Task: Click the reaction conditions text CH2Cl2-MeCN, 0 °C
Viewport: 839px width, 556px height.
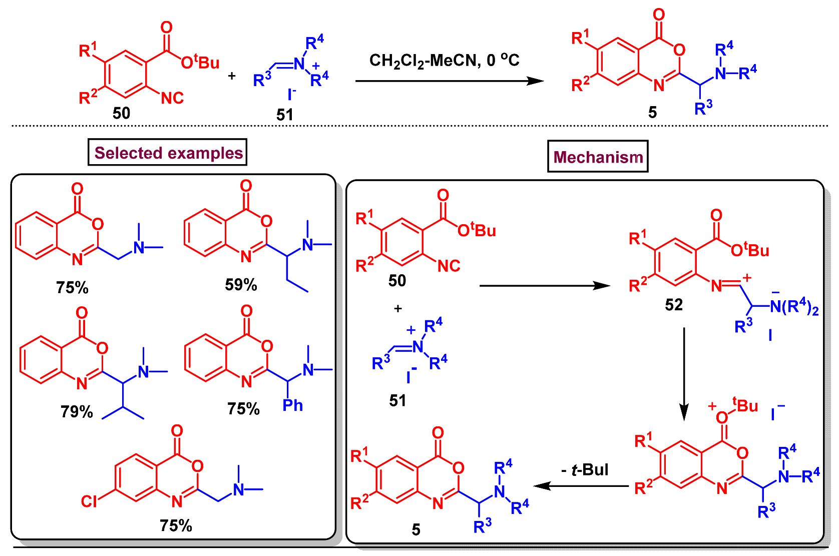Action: [x=444, y=61]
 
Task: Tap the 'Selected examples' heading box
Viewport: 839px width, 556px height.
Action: [x=168, y=153]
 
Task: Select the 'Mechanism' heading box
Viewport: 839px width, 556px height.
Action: [x=598, y=157]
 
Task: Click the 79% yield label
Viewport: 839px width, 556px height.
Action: [x=77, y=412]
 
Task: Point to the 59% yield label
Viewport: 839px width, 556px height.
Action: [x=241, y=285]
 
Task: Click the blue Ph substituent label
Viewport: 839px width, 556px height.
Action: [x=292, y=405]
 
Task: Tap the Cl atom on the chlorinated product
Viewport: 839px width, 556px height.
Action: [x=89, y=501]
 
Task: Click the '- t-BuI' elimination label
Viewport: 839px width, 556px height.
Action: [x=585, y=470]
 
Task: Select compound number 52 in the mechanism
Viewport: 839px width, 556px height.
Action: [x=673, y=305]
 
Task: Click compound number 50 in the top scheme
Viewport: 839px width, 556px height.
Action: [x=121, y=113]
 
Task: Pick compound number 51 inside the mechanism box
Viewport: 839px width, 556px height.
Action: [x=397, y=400]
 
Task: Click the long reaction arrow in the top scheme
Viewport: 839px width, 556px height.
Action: [x=449, y=81]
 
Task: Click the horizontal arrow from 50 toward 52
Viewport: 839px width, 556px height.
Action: [x=545, y=286]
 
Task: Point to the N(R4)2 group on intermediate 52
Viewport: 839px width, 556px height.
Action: [x=794, y=307]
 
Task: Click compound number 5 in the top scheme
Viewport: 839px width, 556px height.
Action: [x=652, y=113]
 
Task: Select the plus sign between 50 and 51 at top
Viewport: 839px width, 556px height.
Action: [x=232, y=76]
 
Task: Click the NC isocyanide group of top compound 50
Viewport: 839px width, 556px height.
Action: [x=172, y=98]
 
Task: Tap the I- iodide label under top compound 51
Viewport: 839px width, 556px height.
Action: [x=291, y=94]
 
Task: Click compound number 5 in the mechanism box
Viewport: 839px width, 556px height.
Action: [x=416, y=530]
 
